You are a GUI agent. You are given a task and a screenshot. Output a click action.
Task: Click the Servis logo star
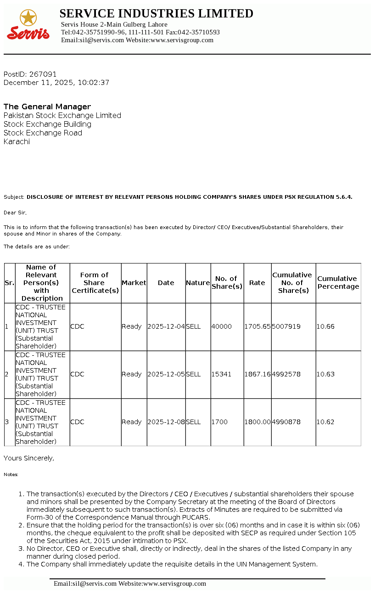point(28,18)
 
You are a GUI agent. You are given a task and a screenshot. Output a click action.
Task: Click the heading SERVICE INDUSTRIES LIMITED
point(156,14)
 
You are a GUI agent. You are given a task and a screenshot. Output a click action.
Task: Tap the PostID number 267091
point(43,74)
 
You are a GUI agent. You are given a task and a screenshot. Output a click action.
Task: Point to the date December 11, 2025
point(39,83)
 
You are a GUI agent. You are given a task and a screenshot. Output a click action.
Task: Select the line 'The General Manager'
point(47,107)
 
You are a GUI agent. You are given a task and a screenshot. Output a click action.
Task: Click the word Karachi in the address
point(17,142)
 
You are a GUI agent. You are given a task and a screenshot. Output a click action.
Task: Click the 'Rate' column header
point(257,283)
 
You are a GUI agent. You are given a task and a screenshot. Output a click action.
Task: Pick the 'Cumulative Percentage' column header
point(338,283)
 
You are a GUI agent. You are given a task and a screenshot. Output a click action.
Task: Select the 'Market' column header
point(134,283)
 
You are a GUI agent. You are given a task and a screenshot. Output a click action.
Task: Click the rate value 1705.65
point(257,327)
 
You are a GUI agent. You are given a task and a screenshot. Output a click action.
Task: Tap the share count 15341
point(221,375)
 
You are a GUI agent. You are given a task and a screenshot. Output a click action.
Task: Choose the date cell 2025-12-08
point(166,422)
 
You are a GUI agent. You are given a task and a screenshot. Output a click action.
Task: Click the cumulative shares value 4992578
point(286,375)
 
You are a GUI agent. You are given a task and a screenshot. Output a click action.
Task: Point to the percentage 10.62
point(325,422)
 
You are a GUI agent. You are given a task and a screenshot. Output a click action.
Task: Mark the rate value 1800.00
point(257,422)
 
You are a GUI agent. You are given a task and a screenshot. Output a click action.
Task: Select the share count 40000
point(221,327)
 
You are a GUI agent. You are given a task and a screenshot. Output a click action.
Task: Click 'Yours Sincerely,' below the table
point(29,458)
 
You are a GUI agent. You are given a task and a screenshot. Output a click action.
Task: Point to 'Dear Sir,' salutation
point(15,213)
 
